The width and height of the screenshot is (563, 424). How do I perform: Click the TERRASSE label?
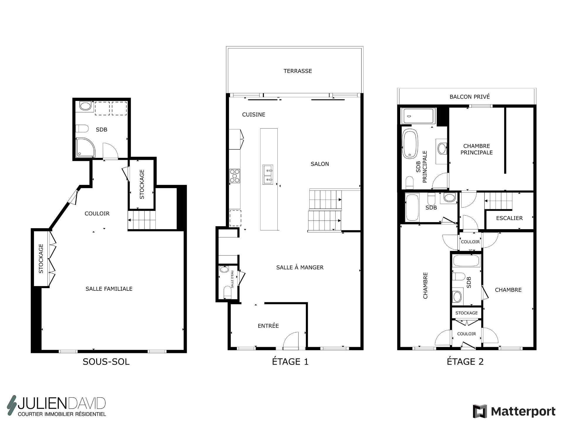click(x=298, y=71)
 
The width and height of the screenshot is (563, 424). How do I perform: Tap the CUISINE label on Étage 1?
click(x=254, y=115)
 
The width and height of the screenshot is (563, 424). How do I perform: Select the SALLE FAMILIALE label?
click(x=109, y=289)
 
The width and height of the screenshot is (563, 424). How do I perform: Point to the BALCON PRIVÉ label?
click(x=470, y=97)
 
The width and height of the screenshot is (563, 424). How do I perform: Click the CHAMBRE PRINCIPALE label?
click(x=476, y=149)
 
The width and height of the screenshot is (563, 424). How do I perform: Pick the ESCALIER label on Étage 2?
click(x=509, y=218)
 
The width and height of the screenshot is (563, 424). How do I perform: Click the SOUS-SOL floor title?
click(x=106, y=362)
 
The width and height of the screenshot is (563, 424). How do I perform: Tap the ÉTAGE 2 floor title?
click(x=465, y=362)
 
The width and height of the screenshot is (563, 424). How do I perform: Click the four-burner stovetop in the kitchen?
click(x=235, y=176)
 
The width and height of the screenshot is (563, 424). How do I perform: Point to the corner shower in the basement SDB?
click(x=86, y=147)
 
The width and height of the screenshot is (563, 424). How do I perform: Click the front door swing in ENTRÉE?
click(x=291, y=340)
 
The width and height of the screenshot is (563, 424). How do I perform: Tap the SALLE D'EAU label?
click(x=232, y=279)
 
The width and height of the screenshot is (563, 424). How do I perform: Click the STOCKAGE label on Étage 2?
click(x=467, y=313)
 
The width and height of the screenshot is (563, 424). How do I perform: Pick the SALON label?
click(x=320, y=164)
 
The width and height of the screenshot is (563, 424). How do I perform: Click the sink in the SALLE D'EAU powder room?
click(x=224, y=269)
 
